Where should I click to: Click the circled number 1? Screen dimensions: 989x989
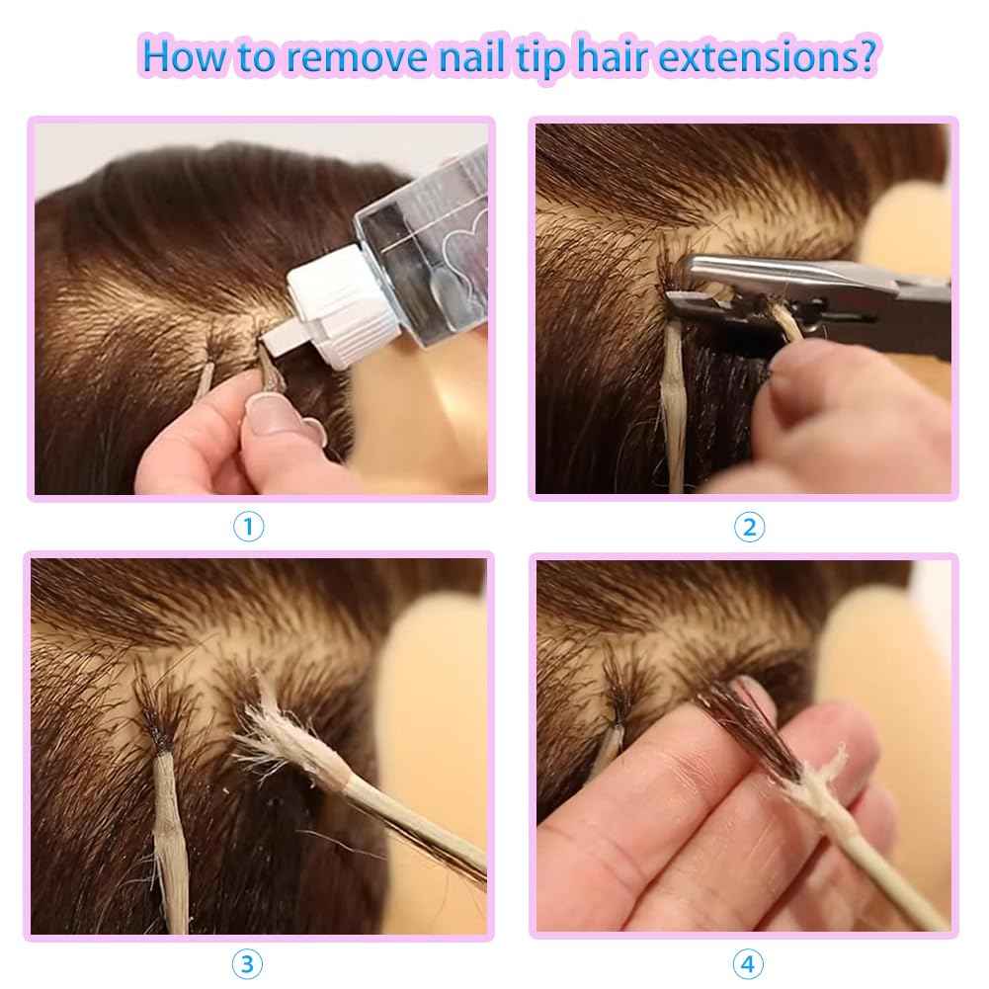point(248,527)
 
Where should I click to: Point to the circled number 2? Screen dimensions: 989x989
point(749,527)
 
